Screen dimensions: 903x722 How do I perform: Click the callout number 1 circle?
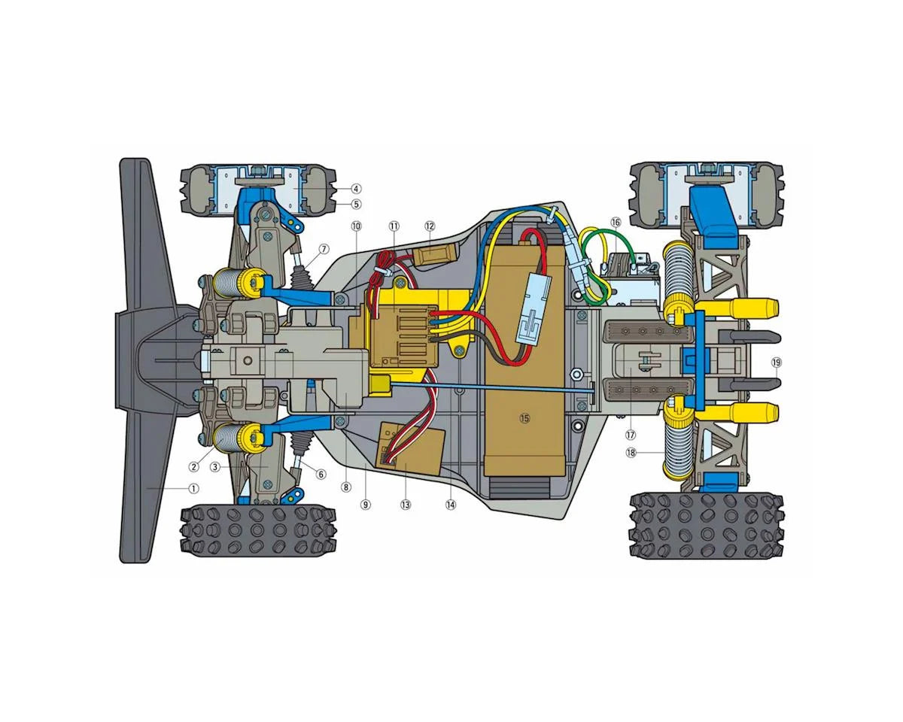(193, 489)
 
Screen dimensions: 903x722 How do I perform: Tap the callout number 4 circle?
(356, 189)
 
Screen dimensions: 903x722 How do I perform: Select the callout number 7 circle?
(324, 249)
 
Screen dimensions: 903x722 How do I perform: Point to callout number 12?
(430, 226)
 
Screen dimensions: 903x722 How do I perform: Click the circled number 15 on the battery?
(524, 418)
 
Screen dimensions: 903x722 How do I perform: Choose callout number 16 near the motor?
(616, 222)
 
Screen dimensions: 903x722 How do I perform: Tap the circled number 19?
(777, 363)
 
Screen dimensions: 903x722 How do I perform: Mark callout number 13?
(406, 505)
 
